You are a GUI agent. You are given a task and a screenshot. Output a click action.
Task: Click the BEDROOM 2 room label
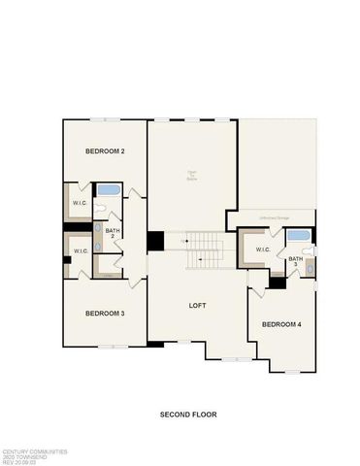pos(104,151)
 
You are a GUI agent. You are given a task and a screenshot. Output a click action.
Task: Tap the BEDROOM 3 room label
pos(104,313)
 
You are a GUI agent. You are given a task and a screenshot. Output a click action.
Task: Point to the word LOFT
pos(198,306)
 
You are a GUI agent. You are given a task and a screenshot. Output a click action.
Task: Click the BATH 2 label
pos(113,233)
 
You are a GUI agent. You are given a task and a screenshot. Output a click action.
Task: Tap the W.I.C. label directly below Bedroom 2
pos(81,203)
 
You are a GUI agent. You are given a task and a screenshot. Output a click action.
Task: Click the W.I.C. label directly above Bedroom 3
pos(81,251)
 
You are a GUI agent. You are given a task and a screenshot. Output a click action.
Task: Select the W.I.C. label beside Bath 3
pos(263,250)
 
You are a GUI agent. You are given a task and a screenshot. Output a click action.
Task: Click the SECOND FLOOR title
pos(188,415)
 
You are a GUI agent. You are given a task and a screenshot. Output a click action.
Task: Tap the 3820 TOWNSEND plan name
pos(21,456)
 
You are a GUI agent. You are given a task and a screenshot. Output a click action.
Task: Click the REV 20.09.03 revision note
pos(19,462)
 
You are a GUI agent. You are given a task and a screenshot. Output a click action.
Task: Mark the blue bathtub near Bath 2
pos(107,191)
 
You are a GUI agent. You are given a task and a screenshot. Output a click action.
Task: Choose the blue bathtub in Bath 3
pos(299,236)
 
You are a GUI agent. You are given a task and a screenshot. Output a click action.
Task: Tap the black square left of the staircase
pos(155,241)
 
